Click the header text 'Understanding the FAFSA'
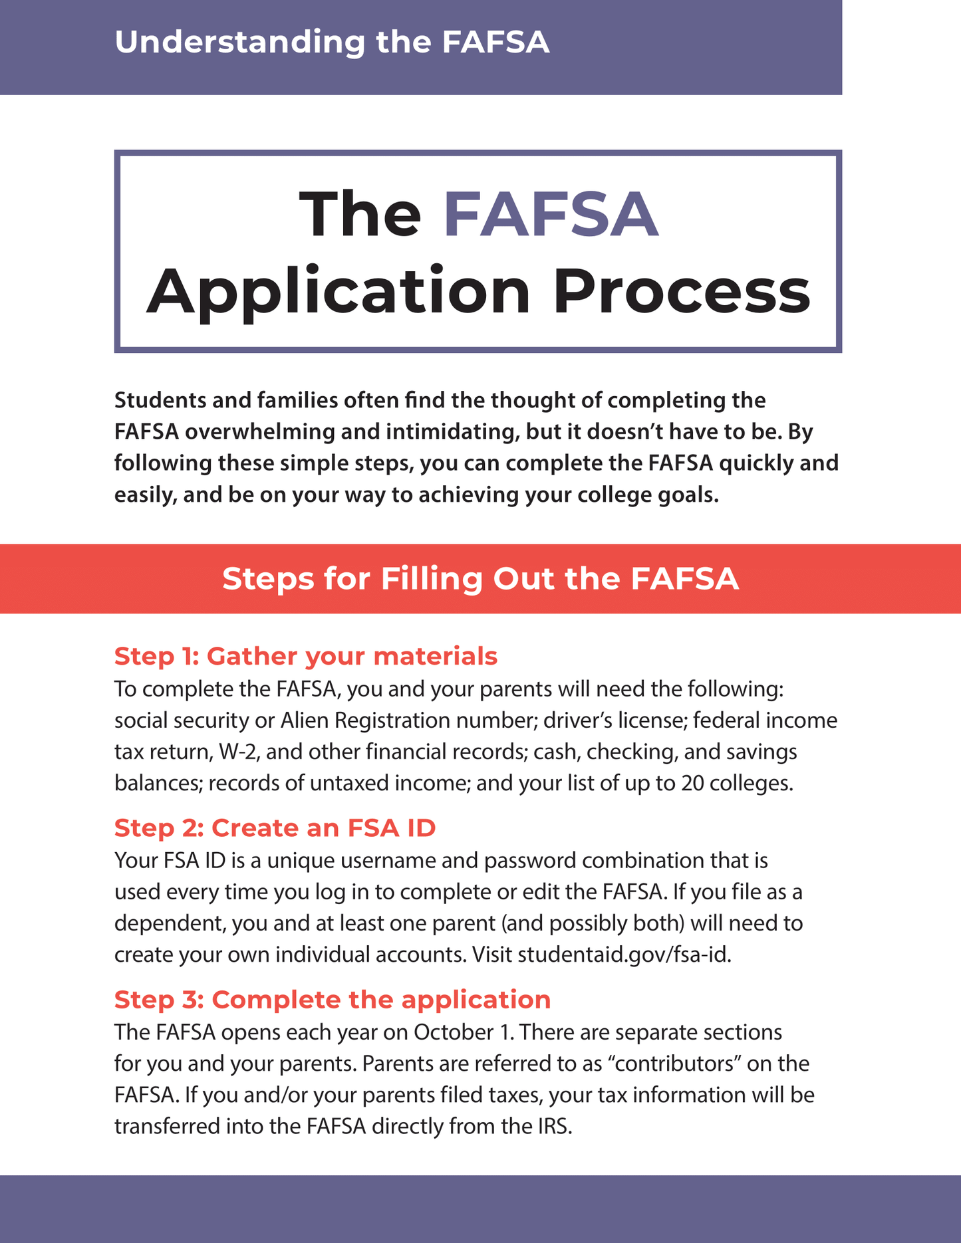(x=332, y=42)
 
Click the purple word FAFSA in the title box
(x=551, y=215)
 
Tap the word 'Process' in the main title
(x=682, y=291)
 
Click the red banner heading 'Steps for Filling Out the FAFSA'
(x=480, y=579)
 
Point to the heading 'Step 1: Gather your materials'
(x=306, y=656)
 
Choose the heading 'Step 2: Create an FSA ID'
(x=275, y=828)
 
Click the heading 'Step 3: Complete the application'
(x=333, y=1000)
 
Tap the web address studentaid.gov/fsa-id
(x=624, y=955)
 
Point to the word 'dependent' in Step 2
(x=168, y=924)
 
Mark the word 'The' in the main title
(x=360, y=215)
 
